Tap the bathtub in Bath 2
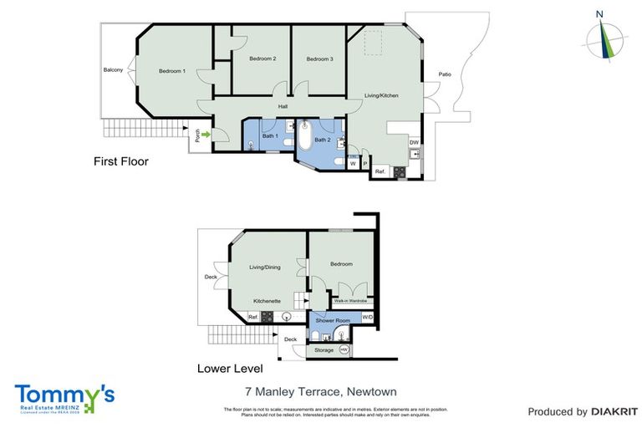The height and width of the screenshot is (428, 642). coord(304,137)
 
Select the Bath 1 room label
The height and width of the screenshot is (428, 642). coord(269,135)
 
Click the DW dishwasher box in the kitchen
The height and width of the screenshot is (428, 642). coord(414,143)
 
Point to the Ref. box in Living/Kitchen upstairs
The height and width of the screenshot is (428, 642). coord(380,171)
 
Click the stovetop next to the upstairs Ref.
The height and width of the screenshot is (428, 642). coord(400,172)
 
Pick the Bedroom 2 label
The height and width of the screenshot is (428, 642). coord(262,59)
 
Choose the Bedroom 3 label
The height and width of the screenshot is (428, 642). coord(319,59)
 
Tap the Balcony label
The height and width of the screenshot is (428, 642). coord(113,70)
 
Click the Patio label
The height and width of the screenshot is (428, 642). coord(445,74)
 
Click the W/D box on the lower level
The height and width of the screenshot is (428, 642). coord(368,318)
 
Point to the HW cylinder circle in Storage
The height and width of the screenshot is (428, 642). coord(343,349)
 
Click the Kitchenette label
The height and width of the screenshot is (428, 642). coord(267,300)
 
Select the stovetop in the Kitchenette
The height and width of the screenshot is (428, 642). coord(267,317)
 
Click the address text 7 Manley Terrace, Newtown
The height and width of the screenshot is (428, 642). coord(320,391)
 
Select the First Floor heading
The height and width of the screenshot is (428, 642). coord(120,161)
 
